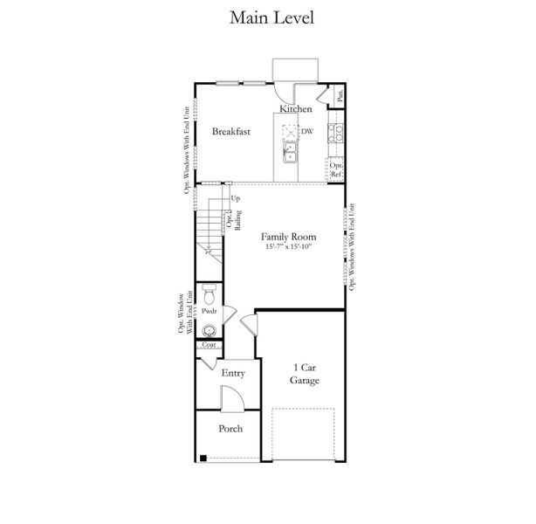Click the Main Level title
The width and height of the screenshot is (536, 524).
point(271,17)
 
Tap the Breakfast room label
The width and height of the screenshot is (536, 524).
point(231,131)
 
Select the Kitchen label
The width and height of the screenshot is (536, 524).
point(296,109)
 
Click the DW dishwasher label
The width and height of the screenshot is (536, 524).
point(307,131)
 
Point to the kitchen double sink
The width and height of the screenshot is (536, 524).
point(290,152)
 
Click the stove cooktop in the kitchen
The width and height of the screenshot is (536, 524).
point(335,133)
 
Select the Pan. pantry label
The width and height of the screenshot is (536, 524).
point(340,96)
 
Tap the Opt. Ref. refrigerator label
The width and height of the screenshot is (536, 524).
point(336,169)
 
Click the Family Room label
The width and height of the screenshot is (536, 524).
point(288,237)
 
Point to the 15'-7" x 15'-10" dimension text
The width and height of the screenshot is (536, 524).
point(289,246)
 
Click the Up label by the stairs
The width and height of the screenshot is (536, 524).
point(235,198)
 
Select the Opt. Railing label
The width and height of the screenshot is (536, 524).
point(234,220)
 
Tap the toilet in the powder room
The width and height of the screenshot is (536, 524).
point(209,294)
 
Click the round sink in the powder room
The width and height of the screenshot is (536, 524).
point(209,331)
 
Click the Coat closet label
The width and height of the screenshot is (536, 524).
point(209,345)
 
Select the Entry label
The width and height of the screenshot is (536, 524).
point(233,373)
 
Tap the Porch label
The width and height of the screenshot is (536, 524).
point(230,429)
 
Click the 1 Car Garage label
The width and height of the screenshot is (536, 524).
point(305,374)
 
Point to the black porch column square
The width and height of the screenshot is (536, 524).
point(203,458)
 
